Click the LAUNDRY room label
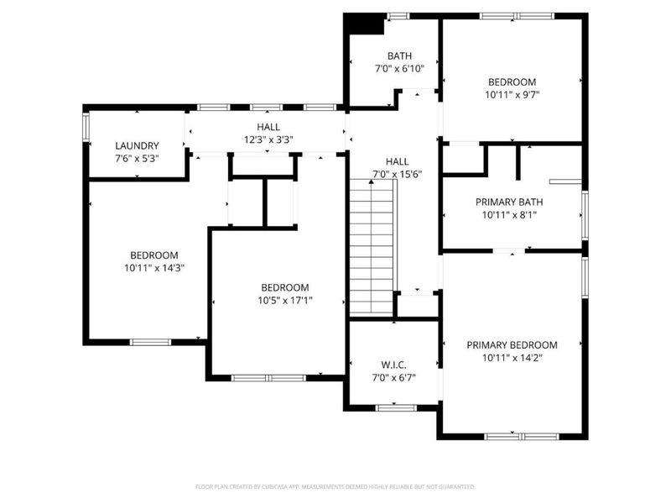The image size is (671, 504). point(137,145)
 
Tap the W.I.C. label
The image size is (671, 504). point(393,365)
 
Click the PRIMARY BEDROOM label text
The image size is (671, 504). point(512,344)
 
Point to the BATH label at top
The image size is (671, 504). point(399,56)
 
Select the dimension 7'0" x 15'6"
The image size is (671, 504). point(397,174)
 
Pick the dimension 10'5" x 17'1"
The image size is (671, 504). point(285,300)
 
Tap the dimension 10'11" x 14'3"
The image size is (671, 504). point(153,268)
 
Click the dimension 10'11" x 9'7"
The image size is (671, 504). point(512,95)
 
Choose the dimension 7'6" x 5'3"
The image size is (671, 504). point(137,158)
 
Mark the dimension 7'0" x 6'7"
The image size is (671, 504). point(393,377)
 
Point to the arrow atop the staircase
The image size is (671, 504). point(371,182)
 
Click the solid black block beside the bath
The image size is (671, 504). point(365,25)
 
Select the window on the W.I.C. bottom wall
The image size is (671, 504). point(395,407)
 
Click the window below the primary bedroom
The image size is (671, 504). point(512,435)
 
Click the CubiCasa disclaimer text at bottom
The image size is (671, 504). point(335,486)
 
